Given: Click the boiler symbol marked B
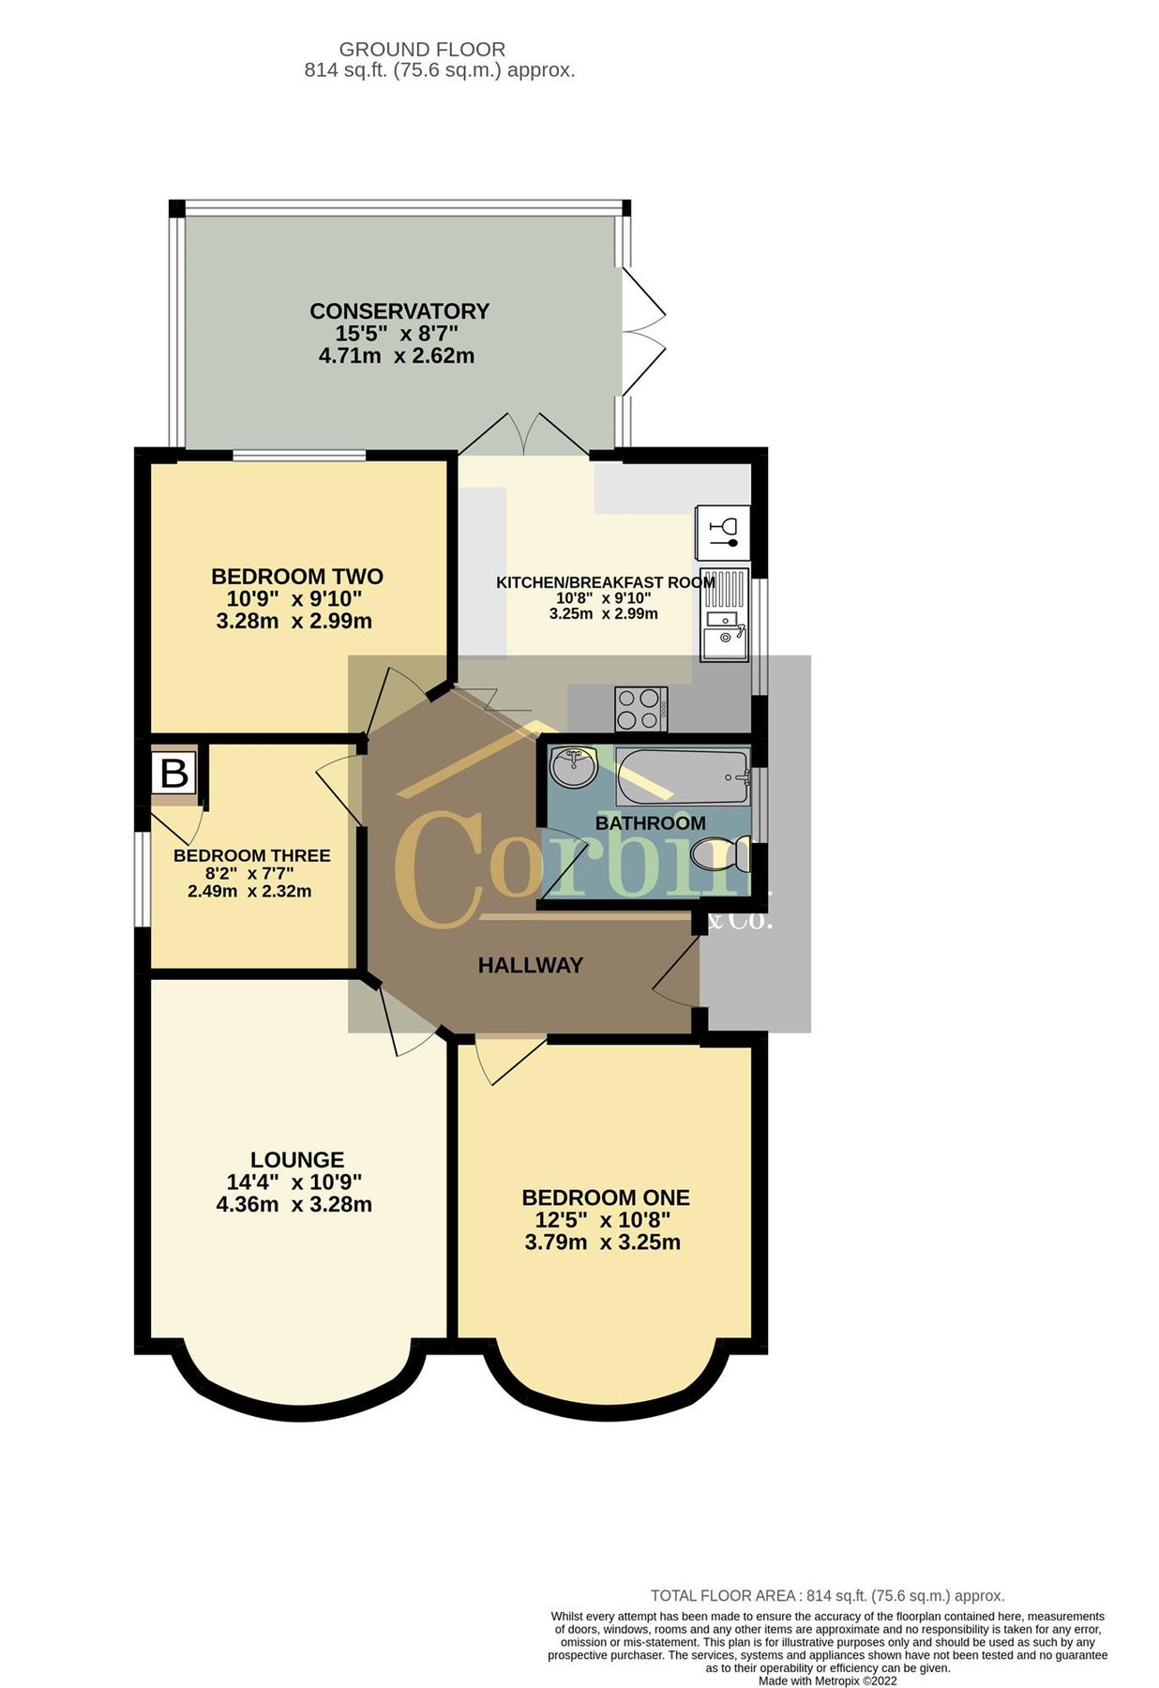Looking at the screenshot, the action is pyautogui.click(x=174, y=774).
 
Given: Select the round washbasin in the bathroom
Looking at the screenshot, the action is pyautogui.click(x=573, y=766).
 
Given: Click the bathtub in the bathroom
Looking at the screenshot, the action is pyautogui.click(x=683, y=776).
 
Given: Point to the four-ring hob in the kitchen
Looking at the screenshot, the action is pyautogui.click(x=641, y=709).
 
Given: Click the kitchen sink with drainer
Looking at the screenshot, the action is pyautogui.click(x=725, y=614).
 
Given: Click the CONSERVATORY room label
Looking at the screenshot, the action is pyautogui.click(x=399, y=310).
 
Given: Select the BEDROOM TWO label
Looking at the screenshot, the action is pyautogui.click(x=297, y=576).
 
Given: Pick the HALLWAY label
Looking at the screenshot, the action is pyautogui.click(x=531, y=965).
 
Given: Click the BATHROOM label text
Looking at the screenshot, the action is pyautogui.click(x=651, y=822).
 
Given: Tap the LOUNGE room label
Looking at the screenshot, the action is pyautogui.click(x=297, y=1159).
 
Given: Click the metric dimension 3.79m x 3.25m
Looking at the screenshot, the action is pyautogui.click(x=603, y=1243).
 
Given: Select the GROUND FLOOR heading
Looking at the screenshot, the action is pyautogui.click(x=422, y=49).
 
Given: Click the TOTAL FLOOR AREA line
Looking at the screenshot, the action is pyautogui.click(x=828, y=1595).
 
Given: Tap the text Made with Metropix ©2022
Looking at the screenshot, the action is pyautogui.click(x=828, y=1681).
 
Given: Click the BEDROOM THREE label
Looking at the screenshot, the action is pyautogui.click(x=252, y=855).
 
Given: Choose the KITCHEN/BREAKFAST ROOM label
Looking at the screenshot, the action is pyautogui.click(x=606, y=582).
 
